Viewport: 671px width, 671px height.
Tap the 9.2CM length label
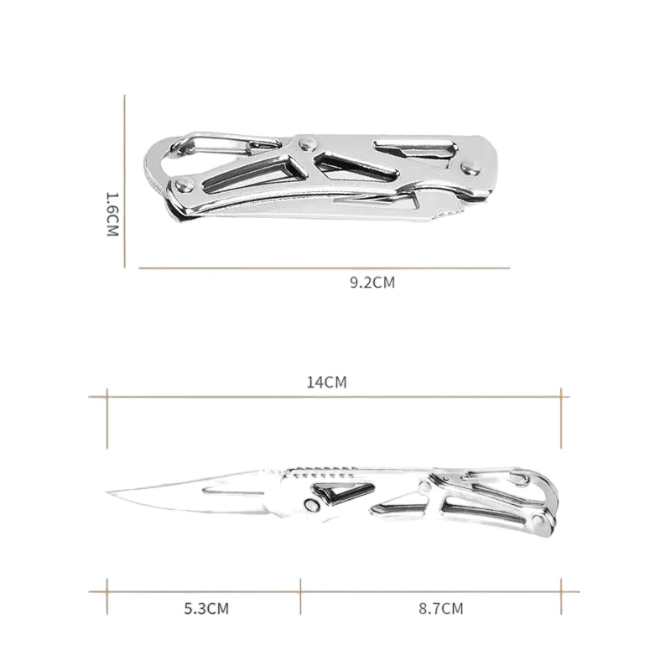pyautogui.click(x=372, y=283)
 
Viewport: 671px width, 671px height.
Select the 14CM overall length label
pyautogui.click(x=326, y=382)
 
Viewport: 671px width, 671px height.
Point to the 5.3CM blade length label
pyautogui.click(x=206, y=608)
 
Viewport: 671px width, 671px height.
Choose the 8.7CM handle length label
pyautogui.click(x=440, y=608)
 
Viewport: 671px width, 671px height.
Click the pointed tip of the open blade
pyautogui.click(x=109, y=492)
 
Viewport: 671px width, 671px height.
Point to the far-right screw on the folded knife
pyautogui.click(x=472, y=167)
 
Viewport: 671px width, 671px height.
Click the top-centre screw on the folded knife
pyautogui.click(x=307, y=143)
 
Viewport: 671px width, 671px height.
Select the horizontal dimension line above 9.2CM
pyautogui.click(x=324, y=268)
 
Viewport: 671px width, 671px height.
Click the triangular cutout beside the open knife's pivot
pyautogui.click(x=340, y=492)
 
